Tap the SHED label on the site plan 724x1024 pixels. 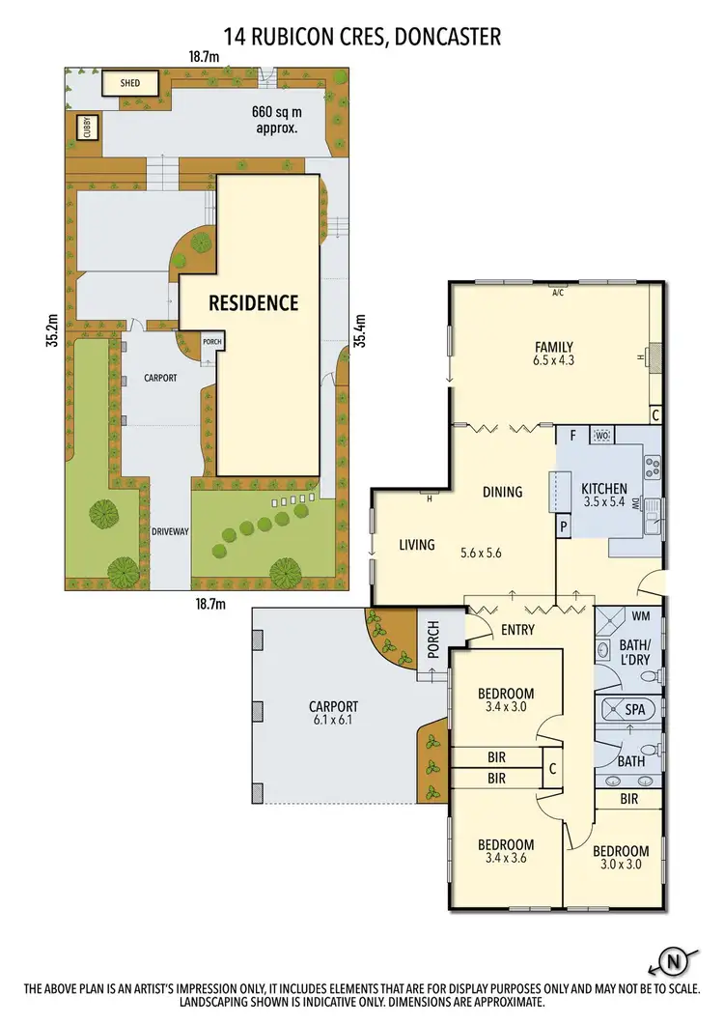coord(130,83)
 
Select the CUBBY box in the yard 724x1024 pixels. coord(85,128)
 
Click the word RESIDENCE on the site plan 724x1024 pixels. coord(254,302)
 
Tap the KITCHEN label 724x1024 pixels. coord(604,489)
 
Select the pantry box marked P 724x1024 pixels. coord(563,526)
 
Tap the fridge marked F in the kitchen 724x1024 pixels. coord(572,435)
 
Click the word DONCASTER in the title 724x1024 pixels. coord(440,38)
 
